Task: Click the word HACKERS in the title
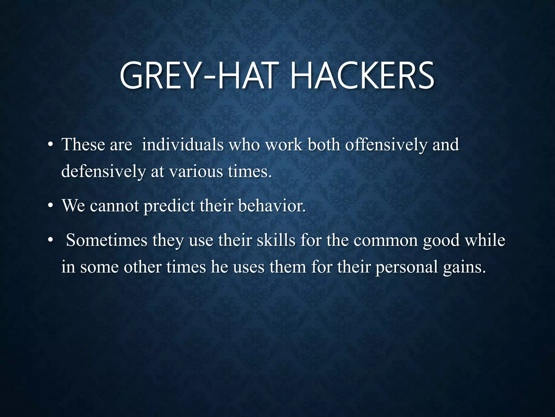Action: [x=362, y=76]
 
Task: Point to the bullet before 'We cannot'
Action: [x=50, y=206]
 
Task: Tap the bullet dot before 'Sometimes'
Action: [x=50, y=241]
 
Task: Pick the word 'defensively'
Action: [x=104, y=172]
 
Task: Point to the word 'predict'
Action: [x=169, y=206]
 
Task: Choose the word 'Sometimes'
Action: [x=107, y=240]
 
